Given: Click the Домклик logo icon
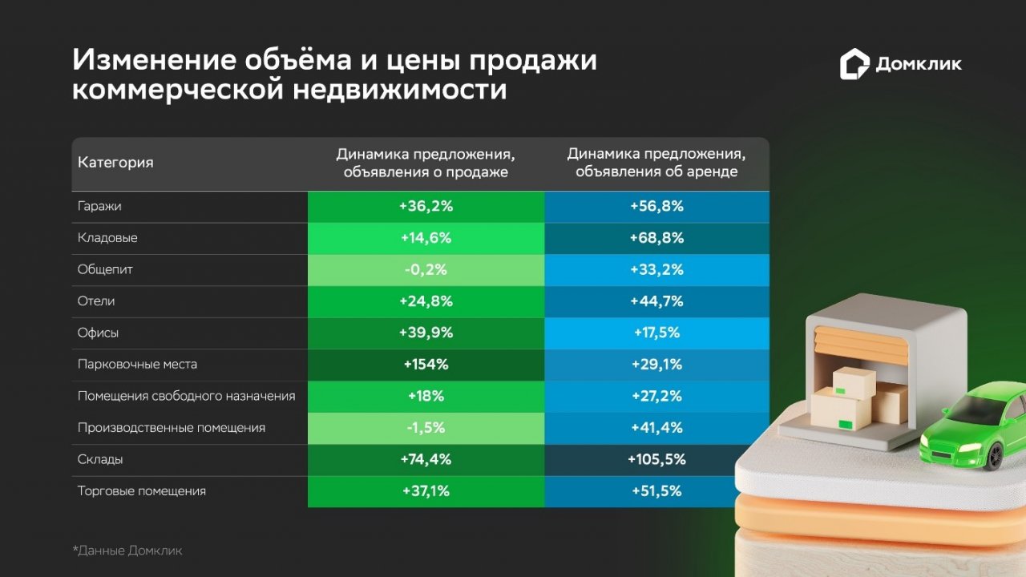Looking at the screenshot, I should click(854, 65).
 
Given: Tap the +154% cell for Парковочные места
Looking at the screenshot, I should click(426, 365).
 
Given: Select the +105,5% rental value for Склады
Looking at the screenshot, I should click(656, 460).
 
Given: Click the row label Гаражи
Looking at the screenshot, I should click(99, 206).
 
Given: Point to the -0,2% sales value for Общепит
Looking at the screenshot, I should click(426, 270).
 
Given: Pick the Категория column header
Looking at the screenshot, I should click(115, 163).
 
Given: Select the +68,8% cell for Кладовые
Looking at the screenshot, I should click(656, 238).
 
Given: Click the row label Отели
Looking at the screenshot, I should click(96, 301).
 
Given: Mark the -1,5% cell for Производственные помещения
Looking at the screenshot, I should click(426, 428).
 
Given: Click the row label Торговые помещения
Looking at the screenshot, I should click(142, 491).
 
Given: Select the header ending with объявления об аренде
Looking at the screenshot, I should click(656, 163).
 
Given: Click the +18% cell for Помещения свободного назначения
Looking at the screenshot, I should click(426, 397).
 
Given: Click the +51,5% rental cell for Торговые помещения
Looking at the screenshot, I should click(656, 491).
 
